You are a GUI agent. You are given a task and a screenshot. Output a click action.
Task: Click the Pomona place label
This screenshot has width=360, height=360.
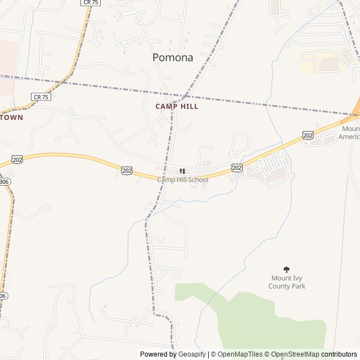point(173,57)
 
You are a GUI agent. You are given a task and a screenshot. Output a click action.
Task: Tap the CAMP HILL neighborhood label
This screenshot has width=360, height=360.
point(177,106)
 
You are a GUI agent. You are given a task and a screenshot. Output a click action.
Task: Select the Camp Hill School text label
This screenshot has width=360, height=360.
point(182,180)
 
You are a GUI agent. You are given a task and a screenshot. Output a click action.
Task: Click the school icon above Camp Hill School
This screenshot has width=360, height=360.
point(182,171)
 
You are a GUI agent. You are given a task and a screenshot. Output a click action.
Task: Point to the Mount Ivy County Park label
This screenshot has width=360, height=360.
point(287,282)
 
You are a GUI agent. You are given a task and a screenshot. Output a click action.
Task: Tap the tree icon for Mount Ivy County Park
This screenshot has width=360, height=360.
point(287,270)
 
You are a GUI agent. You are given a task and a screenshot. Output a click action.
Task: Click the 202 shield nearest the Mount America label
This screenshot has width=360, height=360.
point(307,135)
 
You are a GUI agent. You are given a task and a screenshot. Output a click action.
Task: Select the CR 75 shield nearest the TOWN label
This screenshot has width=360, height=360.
point(42,97)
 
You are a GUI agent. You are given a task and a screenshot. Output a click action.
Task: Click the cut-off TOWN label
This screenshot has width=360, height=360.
point(11,118)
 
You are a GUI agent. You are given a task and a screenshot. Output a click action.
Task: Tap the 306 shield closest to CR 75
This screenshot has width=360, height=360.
point(4,182)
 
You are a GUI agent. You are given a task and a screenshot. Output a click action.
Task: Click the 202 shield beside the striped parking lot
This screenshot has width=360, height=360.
point(237,168)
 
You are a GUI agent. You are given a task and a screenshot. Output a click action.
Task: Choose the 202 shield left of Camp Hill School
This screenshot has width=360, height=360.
point(127,169)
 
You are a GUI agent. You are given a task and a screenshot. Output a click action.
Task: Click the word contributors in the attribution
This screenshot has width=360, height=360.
point(339,354)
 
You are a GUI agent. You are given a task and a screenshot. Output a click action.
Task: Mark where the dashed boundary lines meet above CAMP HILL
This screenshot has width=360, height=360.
point(183,96)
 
